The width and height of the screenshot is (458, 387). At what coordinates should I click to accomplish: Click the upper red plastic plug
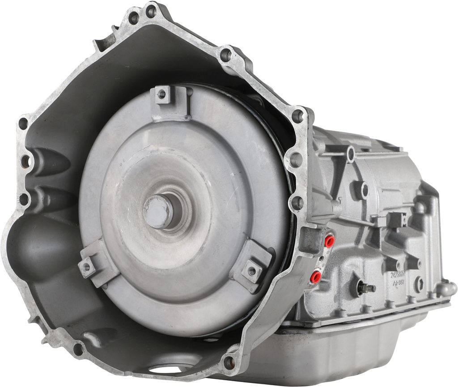[x=330, y=242]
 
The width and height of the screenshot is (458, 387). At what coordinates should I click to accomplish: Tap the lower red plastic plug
[x=316, y=277]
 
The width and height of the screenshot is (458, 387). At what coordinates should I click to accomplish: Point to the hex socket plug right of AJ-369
[x=419, y=284]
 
